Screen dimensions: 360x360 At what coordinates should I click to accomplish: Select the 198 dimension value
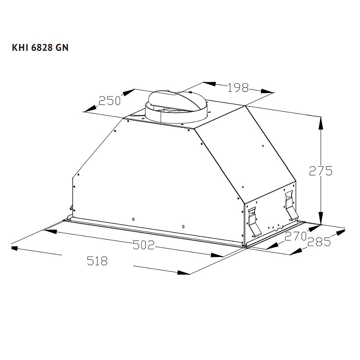[x=238, y=88]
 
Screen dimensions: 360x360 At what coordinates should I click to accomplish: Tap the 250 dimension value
[x=110, y=101]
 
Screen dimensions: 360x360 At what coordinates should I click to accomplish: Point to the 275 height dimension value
[x=320, y=171]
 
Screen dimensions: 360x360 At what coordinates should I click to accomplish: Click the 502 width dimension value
[x=144, y=245]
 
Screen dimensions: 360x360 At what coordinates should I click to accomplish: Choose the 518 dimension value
[x=98, y=261]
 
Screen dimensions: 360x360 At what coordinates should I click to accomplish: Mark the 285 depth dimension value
[x=319, y=243]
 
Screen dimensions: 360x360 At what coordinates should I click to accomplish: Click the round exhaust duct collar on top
[x=176, y=108]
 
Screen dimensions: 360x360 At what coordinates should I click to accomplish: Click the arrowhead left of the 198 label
[x=209, y=84]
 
